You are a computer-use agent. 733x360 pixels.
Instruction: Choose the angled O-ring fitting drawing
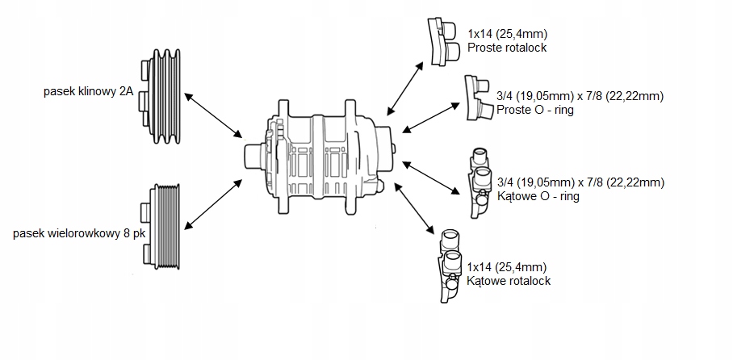click(479, 182)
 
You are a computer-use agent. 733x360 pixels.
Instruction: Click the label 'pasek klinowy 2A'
click(89, 92)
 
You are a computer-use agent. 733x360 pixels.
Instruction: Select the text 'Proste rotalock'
click(507, 48)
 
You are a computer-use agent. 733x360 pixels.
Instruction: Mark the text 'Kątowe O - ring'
click(538, 196)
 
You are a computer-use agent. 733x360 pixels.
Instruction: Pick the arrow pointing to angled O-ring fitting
click(432, 177)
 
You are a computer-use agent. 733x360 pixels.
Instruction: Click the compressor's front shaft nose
click(253, 153)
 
